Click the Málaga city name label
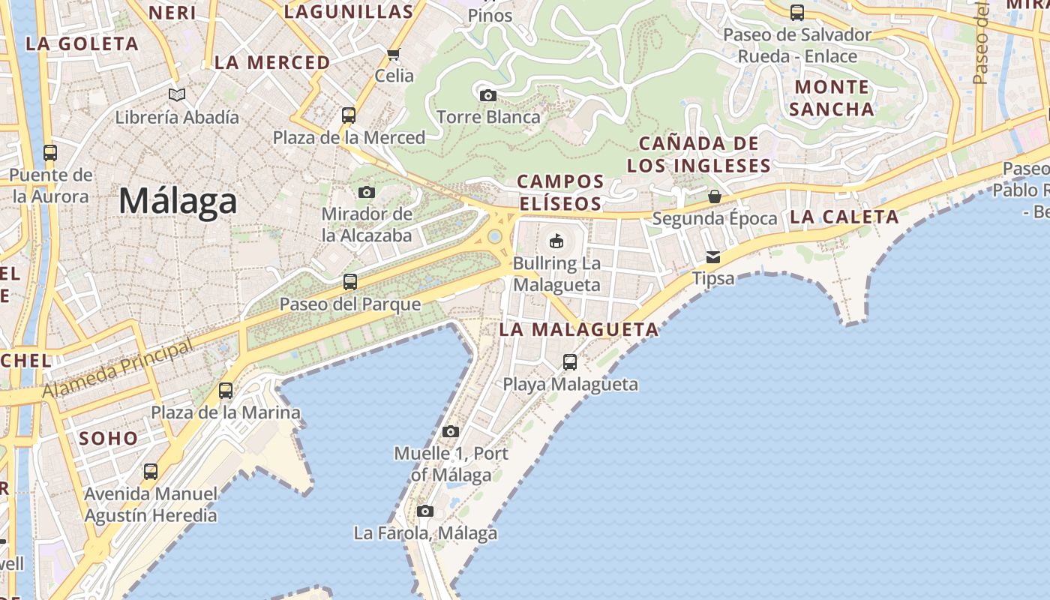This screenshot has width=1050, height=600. pyautogui.click(x=178, y=201)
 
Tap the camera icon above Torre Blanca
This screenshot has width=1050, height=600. pyautogui.click(x=487, y=95)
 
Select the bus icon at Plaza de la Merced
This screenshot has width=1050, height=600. pyautogui.click(x=349, y=115)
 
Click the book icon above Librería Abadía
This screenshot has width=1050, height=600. pyautogui.click(x=177, y=95)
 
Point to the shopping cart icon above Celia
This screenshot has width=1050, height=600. pyautogui.click(x=394, y=54)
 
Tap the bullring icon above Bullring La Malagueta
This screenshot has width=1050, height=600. pyautogui.click(x=556, y=241)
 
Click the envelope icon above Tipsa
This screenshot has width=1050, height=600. pyautogui.click(x=712, y=257)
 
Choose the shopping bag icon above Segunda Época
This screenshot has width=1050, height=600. pyautogui.click(x=715, y=196)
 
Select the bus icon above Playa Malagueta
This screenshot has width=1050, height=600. pyautogui.click(x=570, y=362)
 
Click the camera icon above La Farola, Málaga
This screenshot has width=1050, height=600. pyautogui.click(x=425, y=511)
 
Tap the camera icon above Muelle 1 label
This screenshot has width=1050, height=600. pyautogui.click(x=451, y=431)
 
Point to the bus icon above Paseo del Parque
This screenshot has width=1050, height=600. pyautogui.click(x=350, y=282)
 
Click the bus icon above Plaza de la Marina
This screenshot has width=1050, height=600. pyautogui.click(x=226, y=391)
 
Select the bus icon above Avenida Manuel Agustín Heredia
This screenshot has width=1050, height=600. pyautogui.click(x=151, y=472)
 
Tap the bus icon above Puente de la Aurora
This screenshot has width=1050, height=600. pyautogui.click(x=50, y=153)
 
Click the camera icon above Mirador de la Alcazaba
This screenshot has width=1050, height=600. pyautogui.click(x=367, y=192)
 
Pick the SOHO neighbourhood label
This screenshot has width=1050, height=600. pyautogui.click(x=109, y=439)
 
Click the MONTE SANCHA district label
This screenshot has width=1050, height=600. pyautogui.click(x=832, y=97)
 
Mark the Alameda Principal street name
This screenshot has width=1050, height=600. pyautogui.click(x=118, y=368)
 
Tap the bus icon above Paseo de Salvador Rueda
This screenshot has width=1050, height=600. pyautogui.click(x=797, y=13)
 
